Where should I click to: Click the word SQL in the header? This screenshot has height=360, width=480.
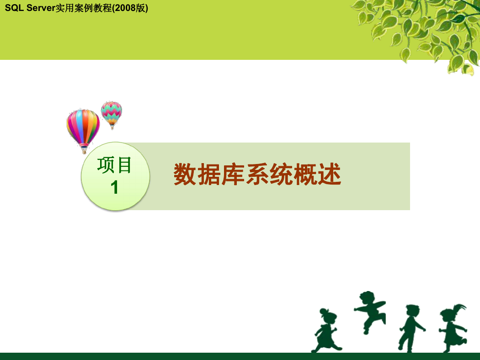14,8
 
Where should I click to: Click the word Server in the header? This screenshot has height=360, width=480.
41,8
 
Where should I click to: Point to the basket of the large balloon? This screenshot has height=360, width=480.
84,151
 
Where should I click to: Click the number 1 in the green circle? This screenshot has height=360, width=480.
114,187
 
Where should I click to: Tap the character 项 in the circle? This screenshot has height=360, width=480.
106,165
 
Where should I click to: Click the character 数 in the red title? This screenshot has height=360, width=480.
185,175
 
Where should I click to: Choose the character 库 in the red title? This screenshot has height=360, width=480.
233,175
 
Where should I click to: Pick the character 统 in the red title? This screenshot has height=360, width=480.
281,175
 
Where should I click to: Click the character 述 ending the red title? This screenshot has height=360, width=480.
330,175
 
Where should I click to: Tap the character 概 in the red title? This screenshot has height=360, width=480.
305,175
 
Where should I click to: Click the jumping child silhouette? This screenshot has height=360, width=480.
370,312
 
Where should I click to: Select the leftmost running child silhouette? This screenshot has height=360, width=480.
327,330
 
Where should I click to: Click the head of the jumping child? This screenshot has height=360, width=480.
367,298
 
